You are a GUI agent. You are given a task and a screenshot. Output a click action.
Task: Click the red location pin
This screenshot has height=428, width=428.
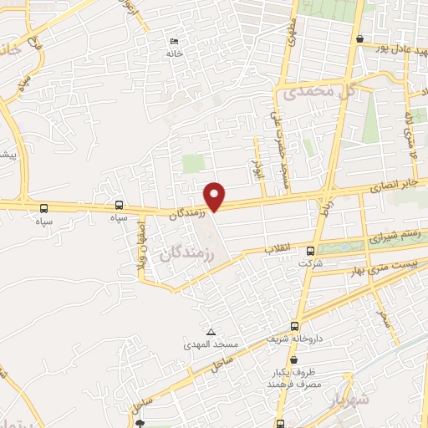coord(215,196)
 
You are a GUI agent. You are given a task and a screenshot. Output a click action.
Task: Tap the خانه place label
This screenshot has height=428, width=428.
coord(173,53)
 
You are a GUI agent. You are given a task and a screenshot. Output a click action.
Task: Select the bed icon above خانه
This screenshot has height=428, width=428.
coord(174,42)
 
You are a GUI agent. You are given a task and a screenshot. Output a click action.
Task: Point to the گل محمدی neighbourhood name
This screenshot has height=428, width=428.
coord(311,90)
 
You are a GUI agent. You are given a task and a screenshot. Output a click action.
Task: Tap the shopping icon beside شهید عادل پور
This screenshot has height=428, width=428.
coord(359,38)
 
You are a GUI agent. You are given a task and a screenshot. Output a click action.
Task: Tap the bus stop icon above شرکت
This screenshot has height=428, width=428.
coord(311,251)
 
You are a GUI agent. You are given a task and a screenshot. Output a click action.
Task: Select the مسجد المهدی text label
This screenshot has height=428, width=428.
coord(211,344)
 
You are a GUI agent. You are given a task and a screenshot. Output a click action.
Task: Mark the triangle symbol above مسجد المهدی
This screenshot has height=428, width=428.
coord(211,332)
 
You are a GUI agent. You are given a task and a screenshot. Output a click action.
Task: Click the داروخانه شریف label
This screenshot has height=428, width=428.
coord(294,339)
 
